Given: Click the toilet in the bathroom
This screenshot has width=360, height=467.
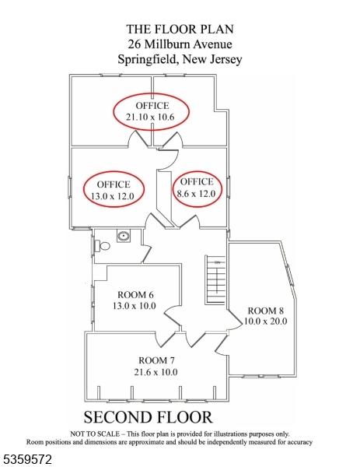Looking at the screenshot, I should point(105,246).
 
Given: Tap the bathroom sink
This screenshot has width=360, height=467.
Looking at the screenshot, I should point(123,236).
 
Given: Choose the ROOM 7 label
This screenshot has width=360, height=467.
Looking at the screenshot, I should point(157,360).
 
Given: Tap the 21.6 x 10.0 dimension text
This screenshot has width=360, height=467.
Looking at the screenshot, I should point(157,372).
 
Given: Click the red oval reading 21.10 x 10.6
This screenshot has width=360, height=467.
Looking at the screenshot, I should point(152,112).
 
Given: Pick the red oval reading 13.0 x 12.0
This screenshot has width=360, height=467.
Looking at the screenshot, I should point(114,190).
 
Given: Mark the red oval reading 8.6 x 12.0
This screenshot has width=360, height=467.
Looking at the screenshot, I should point(197,188).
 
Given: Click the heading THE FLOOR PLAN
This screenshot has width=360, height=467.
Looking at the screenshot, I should point(180,30).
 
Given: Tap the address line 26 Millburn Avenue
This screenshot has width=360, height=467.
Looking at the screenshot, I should point(180,44).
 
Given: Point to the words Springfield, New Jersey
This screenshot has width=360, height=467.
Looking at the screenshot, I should point(180,59).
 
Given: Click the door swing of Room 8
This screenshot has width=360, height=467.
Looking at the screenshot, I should point(232,321).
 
